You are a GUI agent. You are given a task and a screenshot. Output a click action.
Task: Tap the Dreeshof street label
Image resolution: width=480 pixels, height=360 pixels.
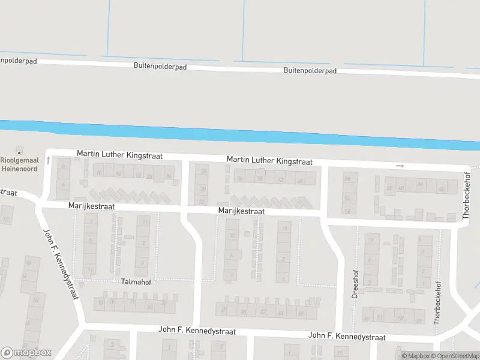click(x=355, y=287)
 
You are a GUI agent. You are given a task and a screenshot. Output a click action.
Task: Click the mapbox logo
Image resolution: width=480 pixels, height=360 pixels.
click(x=26, y=353)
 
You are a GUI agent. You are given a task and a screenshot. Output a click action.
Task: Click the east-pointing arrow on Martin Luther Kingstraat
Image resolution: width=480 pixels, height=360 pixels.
click(x=400, y=166)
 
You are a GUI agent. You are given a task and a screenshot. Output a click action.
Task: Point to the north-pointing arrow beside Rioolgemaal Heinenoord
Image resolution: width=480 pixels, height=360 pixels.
click(x=47, y=161)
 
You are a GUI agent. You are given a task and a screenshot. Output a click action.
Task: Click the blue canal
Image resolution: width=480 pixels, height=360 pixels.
click(x=240, y=135)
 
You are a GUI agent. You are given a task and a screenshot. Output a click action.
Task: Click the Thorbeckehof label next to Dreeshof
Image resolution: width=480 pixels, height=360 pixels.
click(x=437, y=303)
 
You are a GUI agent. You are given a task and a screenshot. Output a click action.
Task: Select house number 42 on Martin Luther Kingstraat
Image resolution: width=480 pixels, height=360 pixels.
click(x=280, y=179)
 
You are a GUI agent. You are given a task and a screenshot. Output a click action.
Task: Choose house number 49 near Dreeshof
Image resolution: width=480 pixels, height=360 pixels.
click(x=367, y=318)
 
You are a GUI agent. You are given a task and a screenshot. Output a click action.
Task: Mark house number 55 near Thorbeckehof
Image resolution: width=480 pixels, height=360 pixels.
click(x=400, y=317)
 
